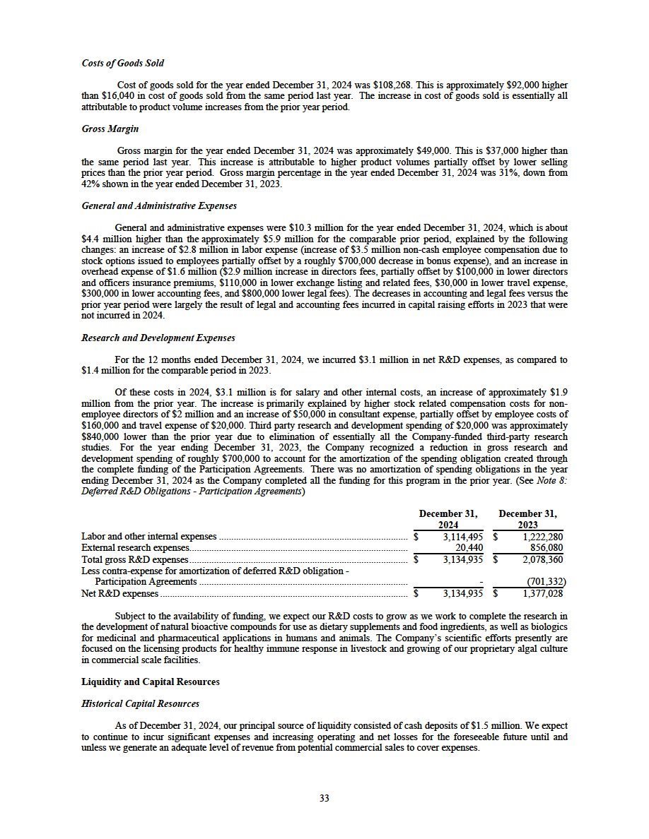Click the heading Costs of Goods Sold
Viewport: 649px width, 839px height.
[x=123, y=64]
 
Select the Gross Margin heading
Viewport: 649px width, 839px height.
[x=110, y=129]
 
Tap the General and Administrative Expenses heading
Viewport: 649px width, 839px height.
[x=159, y=206]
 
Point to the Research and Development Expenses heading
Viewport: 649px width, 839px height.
[x=158, y=338]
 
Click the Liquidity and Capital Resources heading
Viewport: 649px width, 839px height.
[x=151, y=682]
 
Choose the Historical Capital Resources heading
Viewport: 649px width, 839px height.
[x=141, y=703]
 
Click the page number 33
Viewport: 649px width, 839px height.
[x=324, y=798]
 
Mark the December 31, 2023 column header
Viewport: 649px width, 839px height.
[x=527, y=519]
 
